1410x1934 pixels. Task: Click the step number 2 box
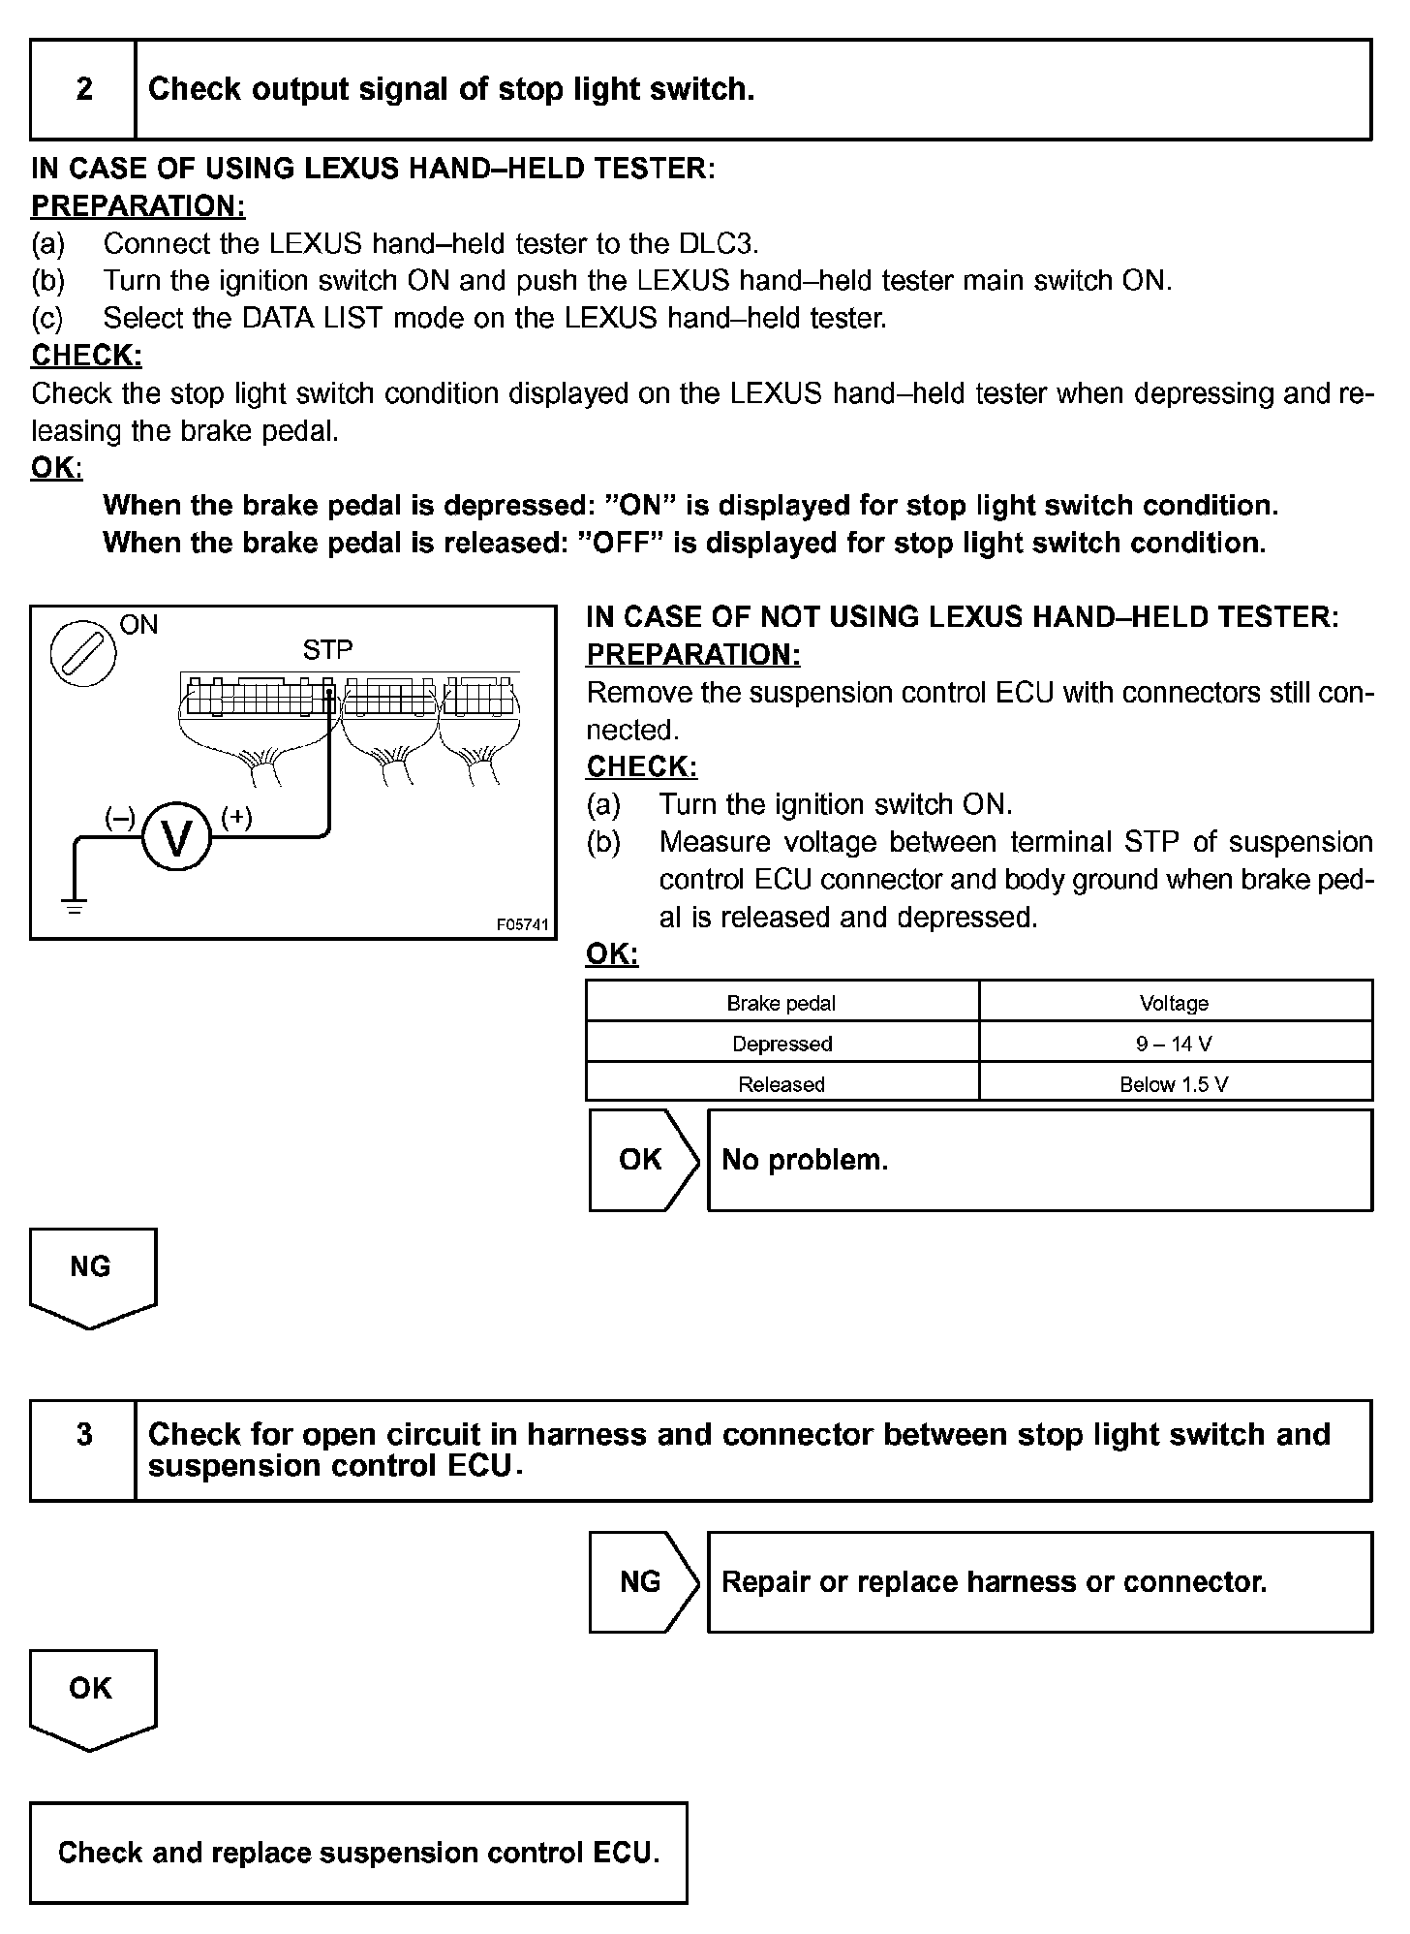coord(83,89)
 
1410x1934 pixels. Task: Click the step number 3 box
coord(83,1435)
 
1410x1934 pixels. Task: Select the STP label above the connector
coord(327,650)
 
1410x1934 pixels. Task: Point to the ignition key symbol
coord(83,652)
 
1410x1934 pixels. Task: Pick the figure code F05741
coord(522,925)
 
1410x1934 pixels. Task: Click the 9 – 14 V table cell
coord(1174,1044)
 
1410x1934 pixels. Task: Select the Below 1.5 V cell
coord(1174,1084)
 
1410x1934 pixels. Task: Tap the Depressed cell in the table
coord(782,1044)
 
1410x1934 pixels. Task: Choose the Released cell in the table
coord(782,1084)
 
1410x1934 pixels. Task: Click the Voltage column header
coord(1174,1003)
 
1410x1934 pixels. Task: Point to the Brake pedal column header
coord(782,1003)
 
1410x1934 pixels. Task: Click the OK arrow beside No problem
coord(642,1160)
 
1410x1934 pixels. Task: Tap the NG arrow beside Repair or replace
coord(642,1582)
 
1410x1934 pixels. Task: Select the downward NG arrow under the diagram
coord(92,1275)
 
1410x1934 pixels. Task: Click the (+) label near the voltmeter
coord(237,817)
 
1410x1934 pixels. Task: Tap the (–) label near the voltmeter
coord(119,817)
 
